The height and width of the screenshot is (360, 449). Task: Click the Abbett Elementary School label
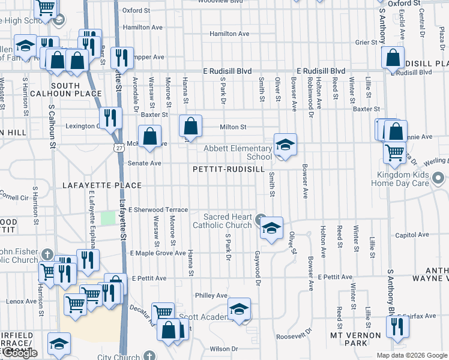point(238,152)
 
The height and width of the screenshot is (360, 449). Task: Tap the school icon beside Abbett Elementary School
point(286,145)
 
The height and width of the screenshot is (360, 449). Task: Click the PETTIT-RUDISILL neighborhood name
point(228,170)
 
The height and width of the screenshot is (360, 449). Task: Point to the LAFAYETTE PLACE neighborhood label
point(101,186)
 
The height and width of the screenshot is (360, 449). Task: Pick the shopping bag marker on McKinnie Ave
point(150,136)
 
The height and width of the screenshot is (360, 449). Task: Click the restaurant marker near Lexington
point(110,118)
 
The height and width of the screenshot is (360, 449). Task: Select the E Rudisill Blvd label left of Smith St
point(228,71)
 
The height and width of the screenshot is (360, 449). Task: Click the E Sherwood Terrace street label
point(158,209)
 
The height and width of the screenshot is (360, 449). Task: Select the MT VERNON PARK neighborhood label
point(356,338)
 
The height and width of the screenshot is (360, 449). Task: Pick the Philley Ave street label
point(211,295)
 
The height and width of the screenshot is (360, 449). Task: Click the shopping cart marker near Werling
point(394,152)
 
